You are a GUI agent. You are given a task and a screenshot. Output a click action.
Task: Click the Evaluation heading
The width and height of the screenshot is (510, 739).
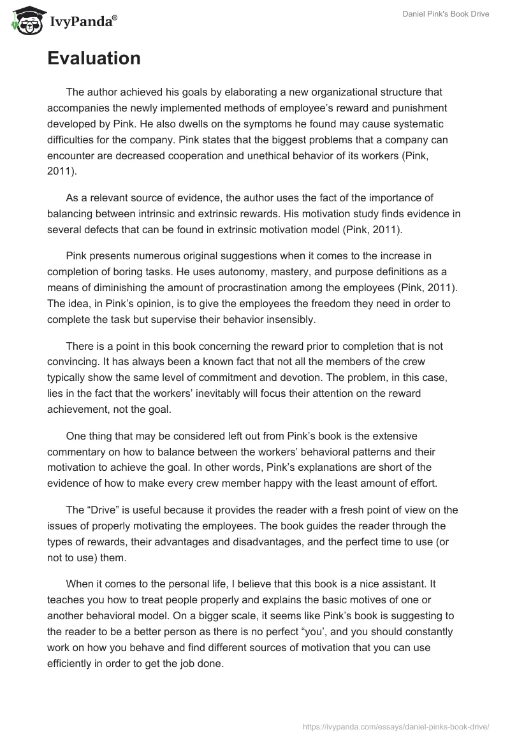tap(94, 59)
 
